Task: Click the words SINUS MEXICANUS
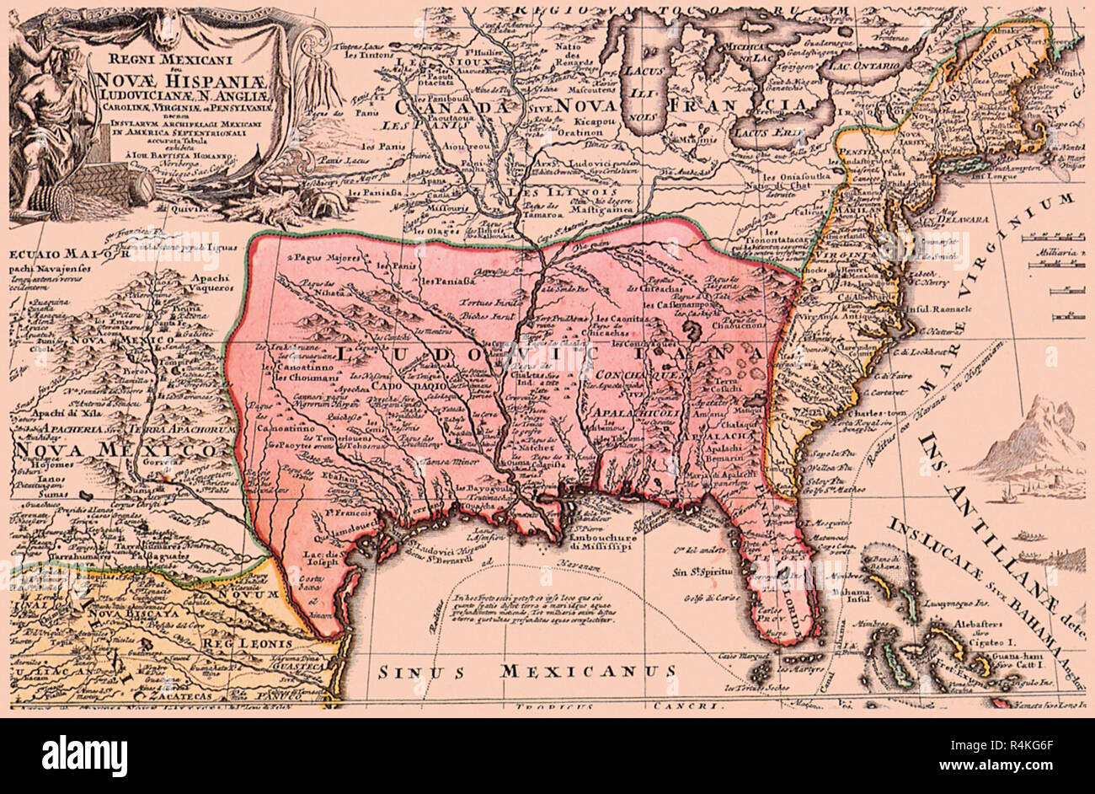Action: (x=526, y=672)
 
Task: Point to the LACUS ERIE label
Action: (x=759, y=132)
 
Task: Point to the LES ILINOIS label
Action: (x=552, y=193)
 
